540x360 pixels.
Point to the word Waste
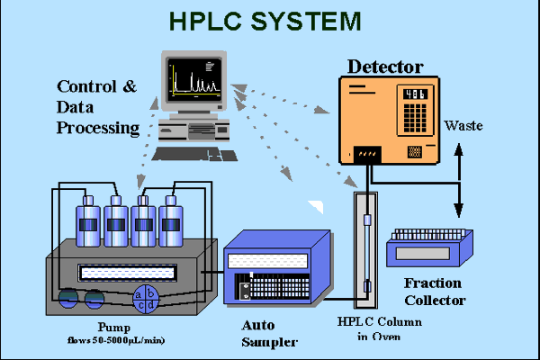pos(463,125)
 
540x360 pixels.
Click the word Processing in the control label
pos(98,128)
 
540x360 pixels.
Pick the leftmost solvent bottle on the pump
pos(89,220)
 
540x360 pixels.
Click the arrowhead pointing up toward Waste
pos(458,148)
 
